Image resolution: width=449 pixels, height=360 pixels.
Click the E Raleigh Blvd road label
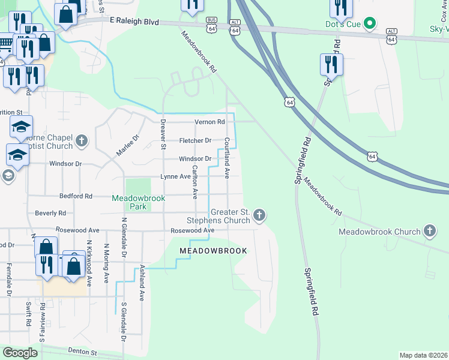[135, 20]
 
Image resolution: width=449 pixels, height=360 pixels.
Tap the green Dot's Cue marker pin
[370, 25]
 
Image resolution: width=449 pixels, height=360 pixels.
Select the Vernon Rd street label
[209, 122]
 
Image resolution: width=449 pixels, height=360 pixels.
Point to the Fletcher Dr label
[196, 140]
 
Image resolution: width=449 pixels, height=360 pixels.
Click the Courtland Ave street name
[228, 158]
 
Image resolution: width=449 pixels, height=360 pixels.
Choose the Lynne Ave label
[175, 176]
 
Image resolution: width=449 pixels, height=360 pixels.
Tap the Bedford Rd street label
[76, 196]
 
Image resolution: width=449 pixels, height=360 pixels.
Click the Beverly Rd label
[50, 213]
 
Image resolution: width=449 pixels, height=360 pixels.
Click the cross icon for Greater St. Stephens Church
[259, 214]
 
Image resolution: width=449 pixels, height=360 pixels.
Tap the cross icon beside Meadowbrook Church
[429, 230]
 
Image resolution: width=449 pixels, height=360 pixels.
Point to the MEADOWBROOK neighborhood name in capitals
[214, 250]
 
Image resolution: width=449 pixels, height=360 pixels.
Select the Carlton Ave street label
[194, 182]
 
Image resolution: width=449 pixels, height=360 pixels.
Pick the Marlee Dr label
[127, 145]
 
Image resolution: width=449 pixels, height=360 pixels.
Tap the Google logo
[20, 353]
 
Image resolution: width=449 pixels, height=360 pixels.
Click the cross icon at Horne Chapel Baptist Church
[82, 142]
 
